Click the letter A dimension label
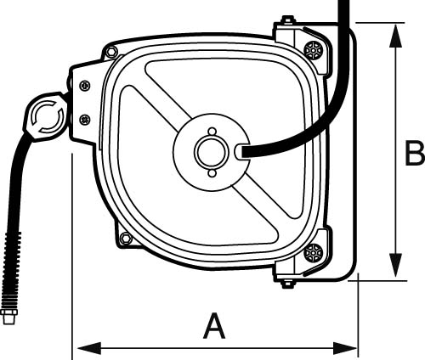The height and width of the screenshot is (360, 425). point(215,325)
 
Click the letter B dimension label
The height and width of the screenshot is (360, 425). point(414,154)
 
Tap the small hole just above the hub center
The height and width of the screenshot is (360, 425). point(211,131)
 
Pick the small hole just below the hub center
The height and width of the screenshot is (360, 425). point(211,173)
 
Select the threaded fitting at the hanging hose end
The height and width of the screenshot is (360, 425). point(9,318)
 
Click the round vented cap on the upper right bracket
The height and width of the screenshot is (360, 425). point(314,49)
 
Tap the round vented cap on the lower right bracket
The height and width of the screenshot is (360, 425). point(314,251)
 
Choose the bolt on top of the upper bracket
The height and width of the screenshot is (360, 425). point(288,20)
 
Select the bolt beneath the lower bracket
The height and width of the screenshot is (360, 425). point(288,283)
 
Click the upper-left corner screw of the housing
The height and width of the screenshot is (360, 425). point(111,53)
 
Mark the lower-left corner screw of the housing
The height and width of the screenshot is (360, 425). point(126,239)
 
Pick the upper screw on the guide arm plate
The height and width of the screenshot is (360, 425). point(83,85)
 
